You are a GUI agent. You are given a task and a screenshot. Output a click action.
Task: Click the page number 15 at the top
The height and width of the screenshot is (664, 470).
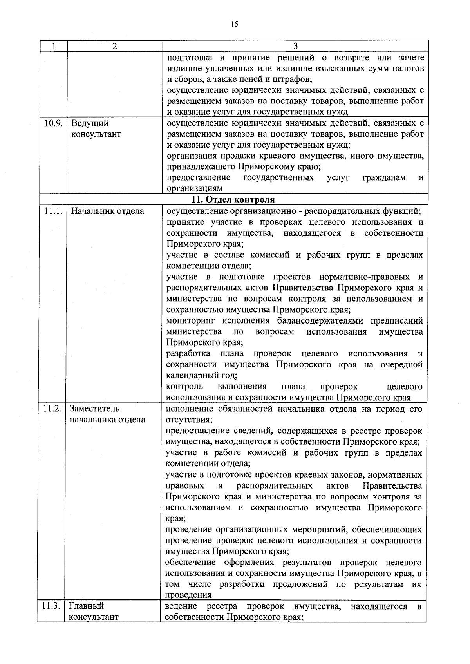click(x=234, y=24)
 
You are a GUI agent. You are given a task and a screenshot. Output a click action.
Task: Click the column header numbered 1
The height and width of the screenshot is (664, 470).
click(x=54, y=46)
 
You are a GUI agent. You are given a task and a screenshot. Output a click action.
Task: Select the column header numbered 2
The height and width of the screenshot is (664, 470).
click(x=114, y=46)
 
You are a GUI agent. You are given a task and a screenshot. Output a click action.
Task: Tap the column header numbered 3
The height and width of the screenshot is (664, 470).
click(x=295, y=46)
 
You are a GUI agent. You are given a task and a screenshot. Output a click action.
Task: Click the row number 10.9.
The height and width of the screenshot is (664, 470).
click(x=54, y=123)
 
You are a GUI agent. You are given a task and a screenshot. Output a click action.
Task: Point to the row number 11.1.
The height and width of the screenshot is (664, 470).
click(x=53, y=211)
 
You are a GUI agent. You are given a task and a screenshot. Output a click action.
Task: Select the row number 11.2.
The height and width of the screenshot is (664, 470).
click(x=52, y=409)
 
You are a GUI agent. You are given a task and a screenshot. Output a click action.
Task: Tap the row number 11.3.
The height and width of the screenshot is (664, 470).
click(x=51, y=606)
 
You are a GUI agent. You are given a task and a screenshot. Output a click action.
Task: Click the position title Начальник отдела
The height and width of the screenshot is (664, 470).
click(x=107, y=211)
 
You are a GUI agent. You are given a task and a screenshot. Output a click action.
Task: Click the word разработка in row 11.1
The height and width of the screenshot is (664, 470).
click(x=188, y=354)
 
